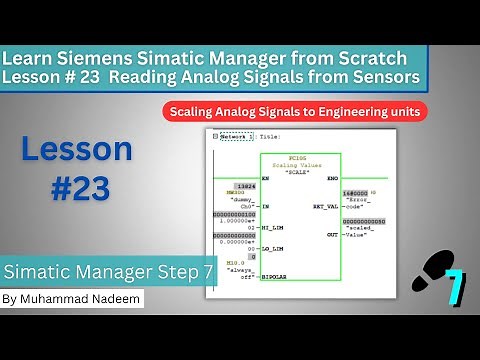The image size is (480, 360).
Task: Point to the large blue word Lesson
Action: pos(77,150)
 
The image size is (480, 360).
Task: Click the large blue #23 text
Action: pos(77,188)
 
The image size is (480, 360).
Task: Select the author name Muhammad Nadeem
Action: pos(72,298)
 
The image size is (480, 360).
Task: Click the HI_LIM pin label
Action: pos(271,228)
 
